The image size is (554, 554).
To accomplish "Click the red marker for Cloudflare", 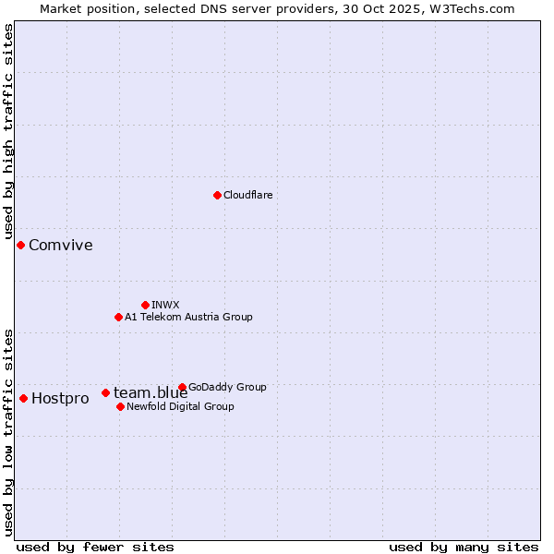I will [x=217, y=195].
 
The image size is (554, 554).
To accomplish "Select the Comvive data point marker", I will [x=20, y=245].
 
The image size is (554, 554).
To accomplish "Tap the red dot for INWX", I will [x=145, y=305].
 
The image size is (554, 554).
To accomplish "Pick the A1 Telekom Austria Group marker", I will [x=118, y=317].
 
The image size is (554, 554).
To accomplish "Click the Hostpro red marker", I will [x=23, y=398].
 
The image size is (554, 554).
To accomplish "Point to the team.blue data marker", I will [x=105, y=392].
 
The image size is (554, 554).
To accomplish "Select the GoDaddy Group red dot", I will [x=182, y=387].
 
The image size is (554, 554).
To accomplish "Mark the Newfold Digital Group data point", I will [x=120, y=406].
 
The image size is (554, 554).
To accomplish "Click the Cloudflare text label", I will [x=247, y=195].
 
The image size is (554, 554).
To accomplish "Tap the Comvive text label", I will [x=60, y=245].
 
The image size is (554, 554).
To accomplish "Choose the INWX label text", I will [x=165, y=305].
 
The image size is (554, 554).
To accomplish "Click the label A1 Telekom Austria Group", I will [x=188, y=317].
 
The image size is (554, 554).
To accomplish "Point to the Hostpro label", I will [x=60, y=399].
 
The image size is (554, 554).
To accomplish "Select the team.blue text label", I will [x=151, y=393].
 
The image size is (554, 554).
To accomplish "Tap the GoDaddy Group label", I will [x=227, y=387].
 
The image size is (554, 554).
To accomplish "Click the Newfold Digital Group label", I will [x=180, y=406].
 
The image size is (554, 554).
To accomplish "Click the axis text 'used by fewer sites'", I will [x=95, y=548].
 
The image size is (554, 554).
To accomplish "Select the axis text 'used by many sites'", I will [x=464, y=548].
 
